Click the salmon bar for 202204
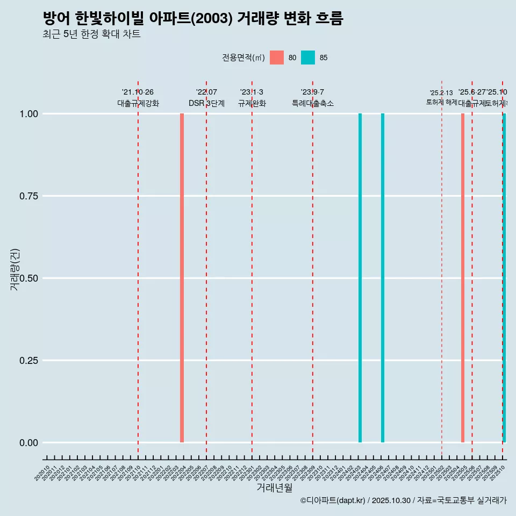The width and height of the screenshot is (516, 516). (x=182, y=278)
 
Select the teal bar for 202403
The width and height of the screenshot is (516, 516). (x=360, y=278)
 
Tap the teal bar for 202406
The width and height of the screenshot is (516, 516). (x=383, y=278)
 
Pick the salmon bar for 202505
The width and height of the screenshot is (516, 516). (x=463, y=278)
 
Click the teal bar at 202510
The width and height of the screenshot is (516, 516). (x=504, y=278)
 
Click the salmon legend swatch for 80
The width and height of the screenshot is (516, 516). (x=277, y=58)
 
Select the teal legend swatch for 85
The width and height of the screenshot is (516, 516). (x=308, y=58)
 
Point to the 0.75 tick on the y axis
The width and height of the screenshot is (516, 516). (x=28, y=196)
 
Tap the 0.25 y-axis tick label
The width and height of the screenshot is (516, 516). (x=28, y=360)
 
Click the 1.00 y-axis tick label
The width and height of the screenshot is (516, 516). (x=28, y=113)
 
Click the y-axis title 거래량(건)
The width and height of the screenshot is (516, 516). (x=15, y=269)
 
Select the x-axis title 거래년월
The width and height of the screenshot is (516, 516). (x=275, y=488)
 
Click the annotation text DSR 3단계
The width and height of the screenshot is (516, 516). (x=206, y=103)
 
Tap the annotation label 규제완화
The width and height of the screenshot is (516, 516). (x=252, y=103)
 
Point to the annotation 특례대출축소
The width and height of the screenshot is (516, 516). (x=313, y=103)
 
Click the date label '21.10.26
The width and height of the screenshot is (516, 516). (x=138, y=92)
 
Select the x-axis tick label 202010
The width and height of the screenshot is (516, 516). (x=42, y=474)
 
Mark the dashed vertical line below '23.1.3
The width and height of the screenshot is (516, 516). (x=252, y=269)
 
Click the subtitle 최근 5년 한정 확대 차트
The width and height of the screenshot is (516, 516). (x=91, y=34)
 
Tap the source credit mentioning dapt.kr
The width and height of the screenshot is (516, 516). (x=403, y=500)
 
